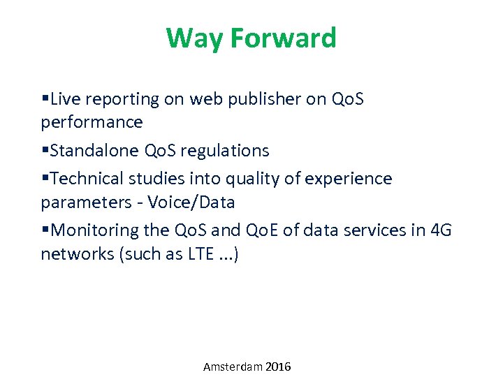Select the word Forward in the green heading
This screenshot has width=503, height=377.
click(x=283, y=38)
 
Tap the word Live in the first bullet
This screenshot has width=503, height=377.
click(x=66, y=99)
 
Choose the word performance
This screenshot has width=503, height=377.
click(x=92, y=122)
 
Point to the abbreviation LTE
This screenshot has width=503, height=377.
click(x=201, y=254)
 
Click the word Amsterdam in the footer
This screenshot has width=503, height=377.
click(x=233, y=367)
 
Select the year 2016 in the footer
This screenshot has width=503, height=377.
click(x=278, y=367)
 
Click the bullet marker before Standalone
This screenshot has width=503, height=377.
click(x=45, y=150)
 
